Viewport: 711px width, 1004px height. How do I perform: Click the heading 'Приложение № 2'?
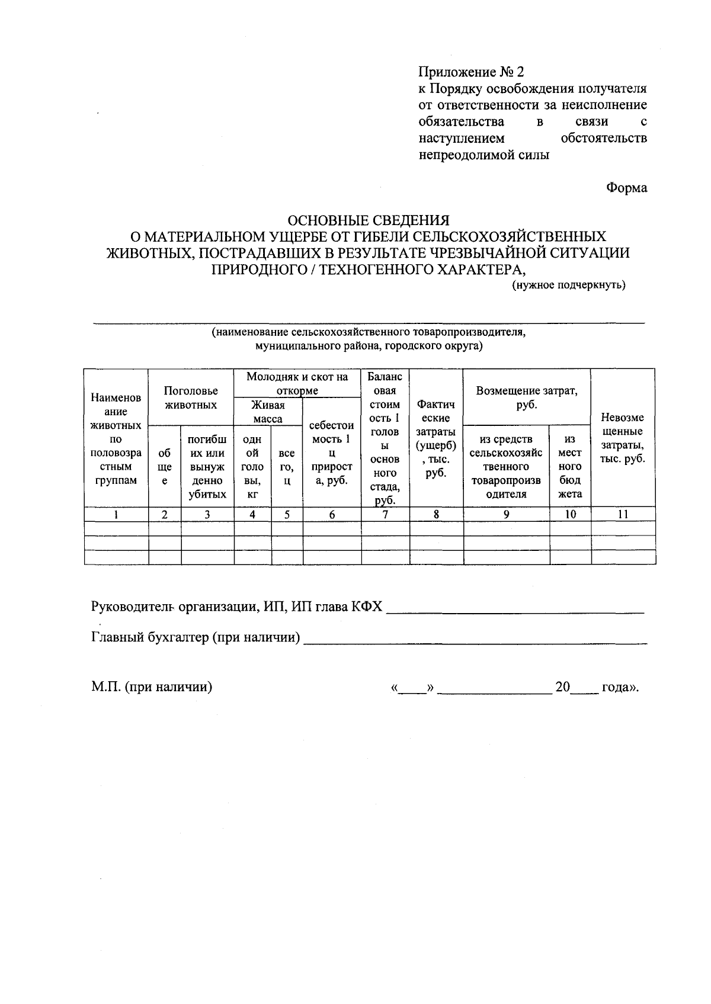pos(472,72)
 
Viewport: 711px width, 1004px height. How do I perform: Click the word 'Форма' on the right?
pos(626,188)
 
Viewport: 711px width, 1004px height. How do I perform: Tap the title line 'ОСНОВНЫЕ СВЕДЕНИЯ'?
pos(368,220)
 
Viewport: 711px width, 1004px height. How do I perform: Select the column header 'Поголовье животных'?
pos(191,397)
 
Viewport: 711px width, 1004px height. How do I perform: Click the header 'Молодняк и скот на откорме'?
pos(297,383)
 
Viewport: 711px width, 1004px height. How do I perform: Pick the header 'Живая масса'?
pos(268,412)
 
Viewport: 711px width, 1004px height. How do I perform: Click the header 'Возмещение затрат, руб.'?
pos(526,397)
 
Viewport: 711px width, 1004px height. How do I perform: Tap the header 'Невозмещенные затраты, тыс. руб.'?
pos(622,438)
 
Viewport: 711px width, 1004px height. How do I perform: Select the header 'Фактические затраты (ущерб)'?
pos(435,438)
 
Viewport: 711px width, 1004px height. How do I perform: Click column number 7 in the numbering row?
pos(385,514)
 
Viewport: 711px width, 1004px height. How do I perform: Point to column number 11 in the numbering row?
pos(623,514)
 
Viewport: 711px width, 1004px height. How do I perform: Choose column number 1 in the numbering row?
pos(116,514)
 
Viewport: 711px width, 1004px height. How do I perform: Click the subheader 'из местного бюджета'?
pos(570,466)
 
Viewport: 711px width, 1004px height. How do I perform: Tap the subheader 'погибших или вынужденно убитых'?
pos(207,466)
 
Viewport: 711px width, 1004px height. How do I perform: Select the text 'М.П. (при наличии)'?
pos(152,687)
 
